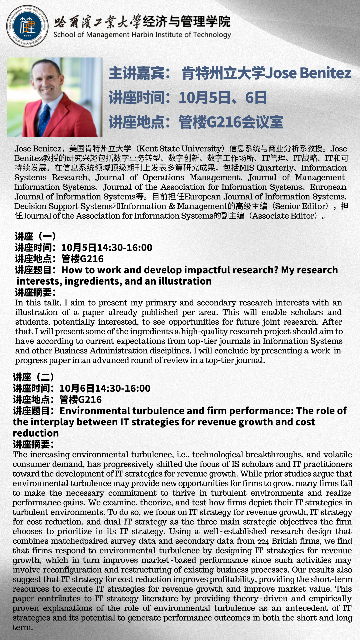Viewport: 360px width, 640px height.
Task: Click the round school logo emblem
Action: (x=27, y=26)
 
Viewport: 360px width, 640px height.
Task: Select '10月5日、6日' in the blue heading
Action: (x=223, y=98)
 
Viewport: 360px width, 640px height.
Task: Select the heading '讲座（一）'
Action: (x=35, y=236)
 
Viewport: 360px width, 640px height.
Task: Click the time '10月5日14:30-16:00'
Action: (x=107, y=248)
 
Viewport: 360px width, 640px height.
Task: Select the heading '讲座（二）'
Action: (x=33, y=377)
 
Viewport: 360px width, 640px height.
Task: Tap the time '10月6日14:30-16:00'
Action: (x=105, y=388)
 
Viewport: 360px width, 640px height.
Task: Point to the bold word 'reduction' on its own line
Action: (x=36, y=433)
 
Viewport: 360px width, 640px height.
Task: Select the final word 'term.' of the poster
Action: (x=23, y=627)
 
